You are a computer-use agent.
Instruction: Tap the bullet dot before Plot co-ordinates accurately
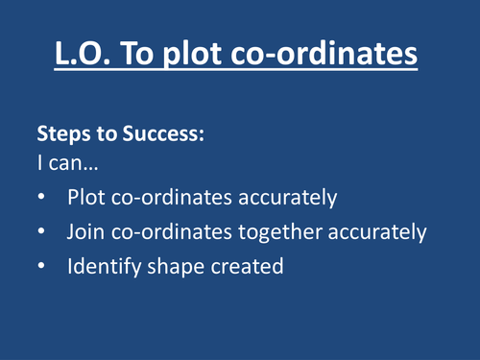[39, 198]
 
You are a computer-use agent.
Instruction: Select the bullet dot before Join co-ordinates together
[39, 232]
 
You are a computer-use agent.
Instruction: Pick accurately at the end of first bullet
[292, 198]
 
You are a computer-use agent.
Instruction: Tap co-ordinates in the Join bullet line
[176, 232]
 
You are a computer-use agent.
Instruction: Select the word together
[283, 232]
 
